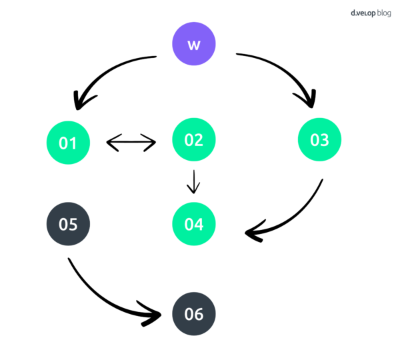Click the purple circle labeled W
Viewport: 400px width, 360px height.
click(x=194, y=44)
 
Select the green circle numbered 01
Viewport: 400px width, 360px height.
click(x=68, y=143)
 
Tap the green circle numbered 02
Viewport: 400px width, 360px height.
click(x=194, y=139)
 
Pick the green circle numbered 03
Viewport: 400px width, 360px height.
click(x=319, y=139)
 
